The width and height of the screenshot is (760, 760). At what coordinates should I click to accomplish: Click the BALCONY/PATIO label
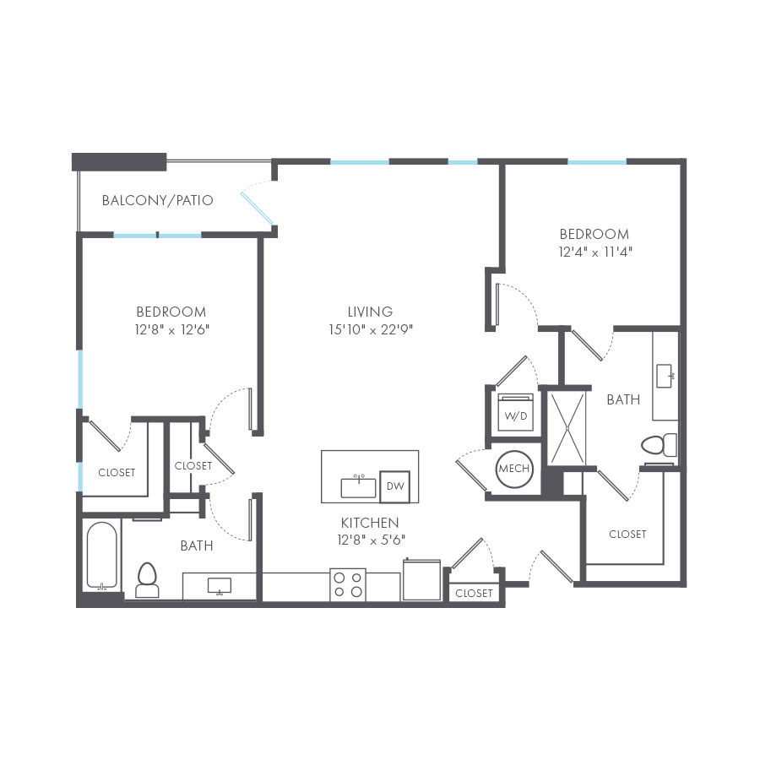[157, 201]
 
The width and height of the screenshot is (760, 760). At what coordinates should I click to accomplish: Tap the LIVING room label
[370, 312]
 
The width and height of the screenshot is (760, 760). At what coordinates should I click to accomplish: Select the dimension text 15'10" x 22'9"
[370, 330]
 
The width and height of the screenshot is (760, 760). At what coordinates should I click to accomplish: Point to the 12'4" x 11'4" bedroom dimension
[594, 252]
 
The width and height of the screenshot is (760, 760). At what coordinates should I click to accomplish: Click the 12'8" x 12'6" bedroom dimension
[171, 330]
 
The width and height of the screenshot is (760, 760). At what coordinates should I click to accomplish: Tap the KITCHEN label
[370, 523]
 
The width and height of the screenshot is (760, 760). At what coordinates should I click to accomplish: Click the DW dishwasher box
[394, 486]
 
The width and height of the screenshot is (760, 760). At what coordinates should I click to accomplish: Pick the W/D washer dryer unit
[513, 413]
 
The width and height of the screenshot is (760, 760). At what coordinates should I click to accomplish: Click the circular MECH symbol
[513, 468]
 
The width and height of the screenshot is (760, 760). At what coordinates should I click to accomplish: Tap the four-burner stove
[348, 584]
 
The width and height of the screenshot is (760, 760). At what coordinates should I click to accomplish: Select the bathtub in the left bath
[102, 556]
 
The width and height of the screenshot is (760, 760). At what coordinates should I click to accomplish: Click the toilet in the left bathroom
[148, 578]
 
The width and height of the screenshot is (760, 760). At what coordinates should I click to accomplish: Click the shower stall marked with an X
[569, 426]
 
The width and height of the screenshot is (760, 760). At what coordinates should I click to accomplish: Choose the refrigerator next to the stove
[421, 580]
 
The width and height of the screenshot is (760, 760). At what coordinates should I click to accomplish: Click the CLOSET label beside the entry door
[474, 594]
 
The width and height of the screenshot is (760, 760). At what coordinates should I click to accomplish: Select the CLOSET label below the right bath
[627, 535]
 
